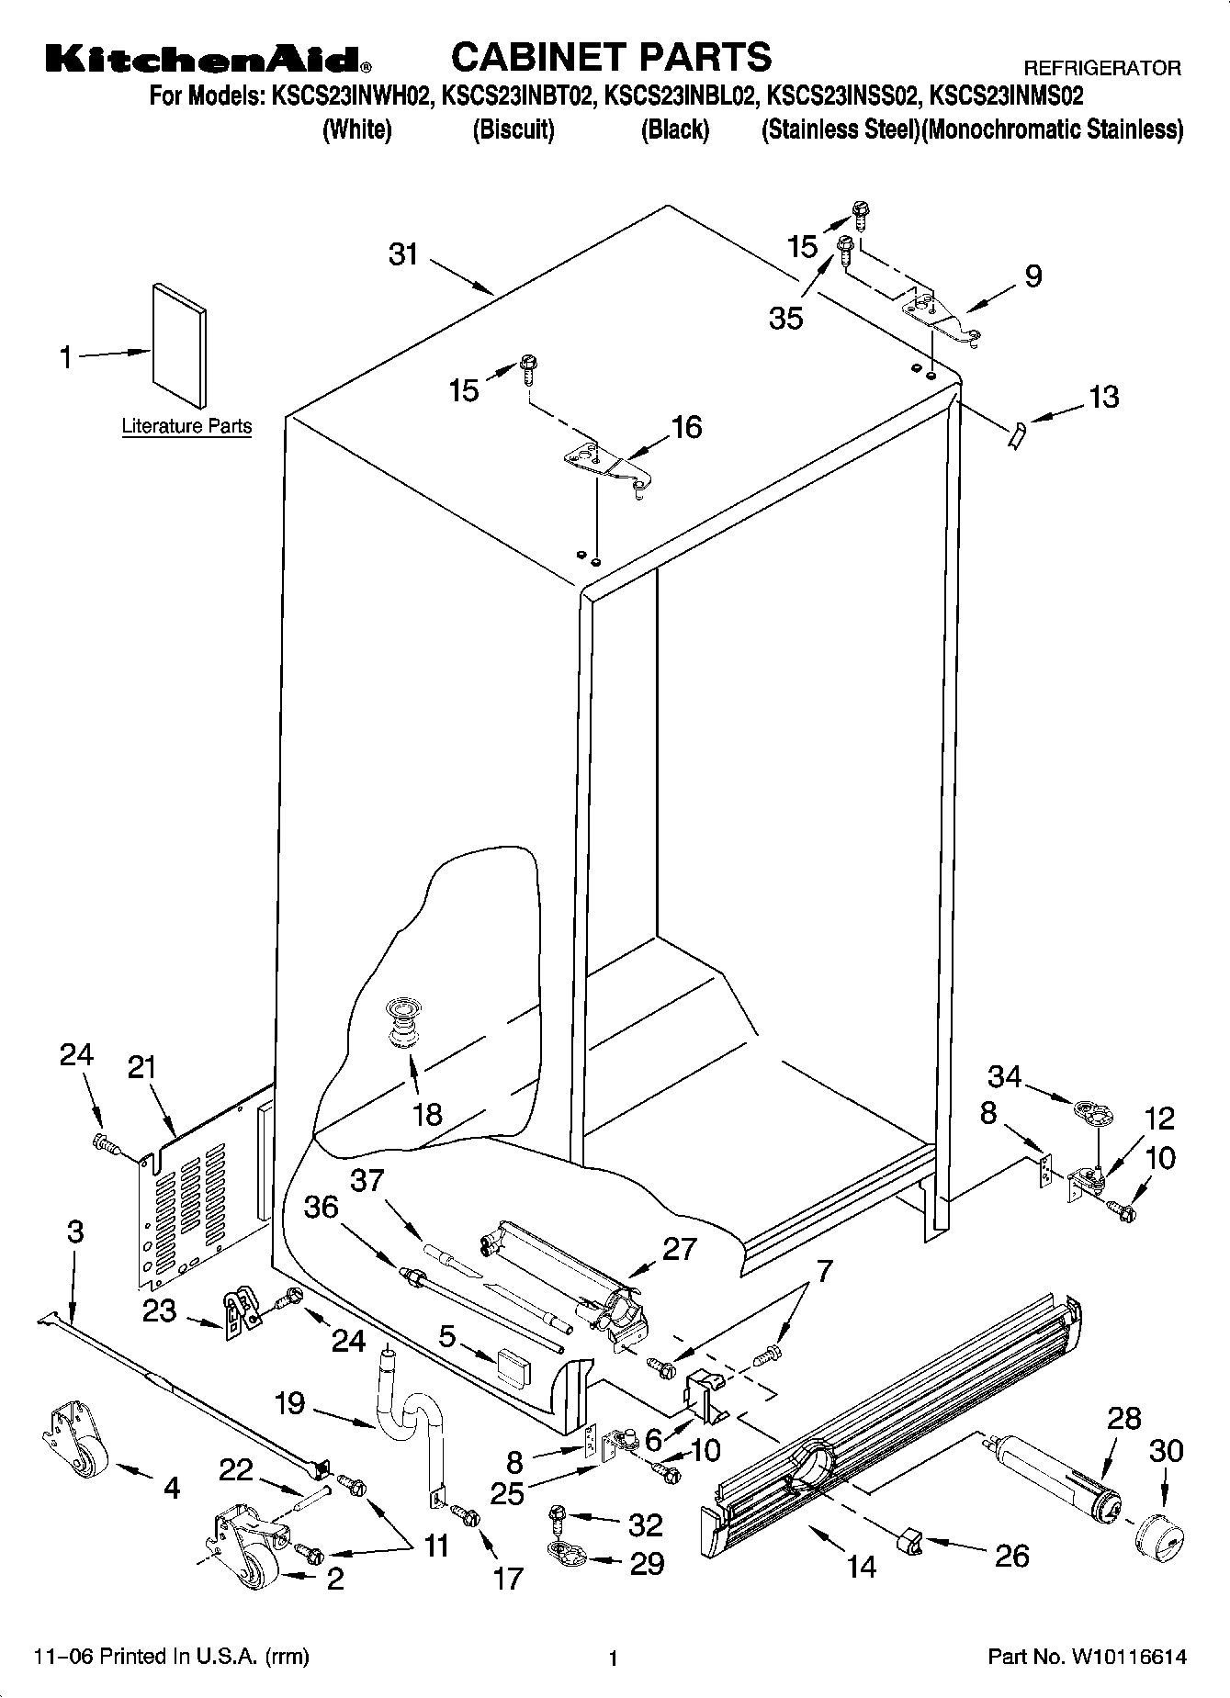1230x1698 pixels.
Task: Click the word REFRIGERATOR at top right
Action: point(1102,69)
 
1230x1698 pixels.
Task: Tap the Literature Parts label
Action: point(186,426)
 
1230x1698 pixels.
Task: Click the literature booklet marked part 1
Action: point(179,343)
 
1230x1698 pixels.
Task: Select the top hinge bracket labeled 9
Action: point(942,318)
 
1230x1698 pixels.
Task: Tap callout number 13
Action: point(1103,397)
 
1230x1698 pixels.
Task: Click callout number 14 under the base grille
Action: point(861,1566)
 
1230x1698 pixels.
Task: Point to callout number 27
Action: point(679,1249)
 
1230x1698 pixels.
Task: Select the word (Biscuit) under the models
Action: point(513,130)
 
